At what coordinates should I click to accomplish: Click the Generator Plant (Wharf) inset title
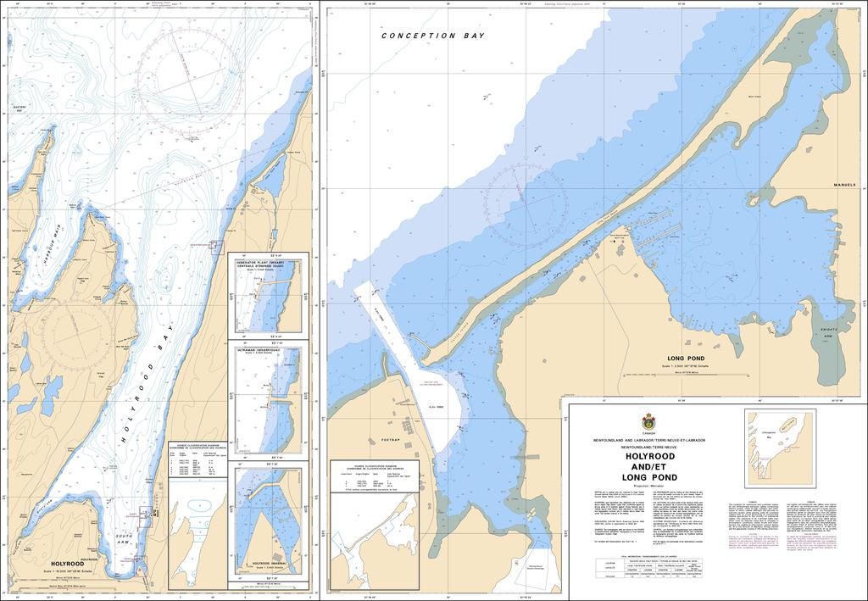coord(268,266)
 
